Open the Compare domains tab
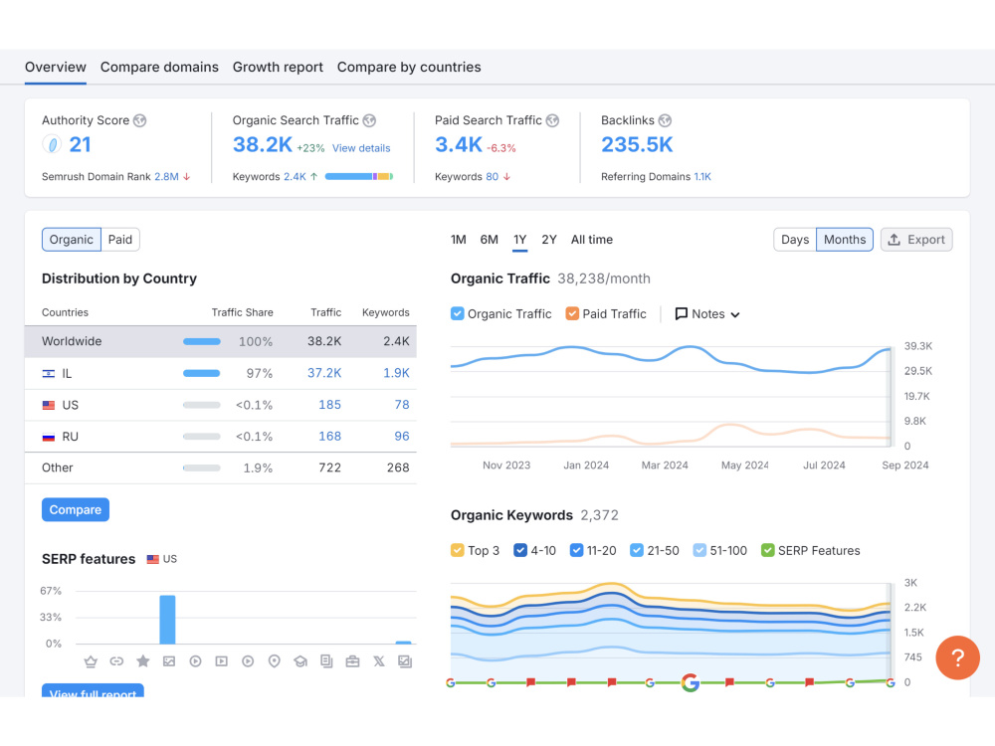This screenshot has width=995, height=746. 159,68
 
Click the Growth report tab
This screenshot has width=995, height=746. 278,68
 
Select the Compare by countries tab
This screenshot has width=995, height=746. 409,68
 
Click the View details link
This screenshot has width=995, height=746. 361,148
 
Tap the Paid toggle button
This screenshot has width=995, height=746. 120,240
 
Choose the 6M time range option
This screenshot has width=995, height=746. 489,240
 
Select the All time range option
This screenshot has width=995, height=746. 591,240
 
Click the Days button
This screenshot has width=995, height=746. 794,240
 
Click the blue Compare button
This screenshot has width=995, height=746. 76,510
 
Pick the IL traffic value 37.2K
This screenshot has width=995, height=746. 324,373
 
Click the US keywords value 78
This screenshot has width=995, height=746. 402,405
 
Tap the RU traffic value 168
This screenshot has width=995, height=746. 330,437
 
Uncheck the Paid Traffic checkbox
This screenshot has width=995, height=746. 572,314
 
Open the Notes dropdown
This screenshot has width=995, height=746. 707,314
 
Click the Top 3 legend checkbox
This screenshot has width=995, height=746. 457,551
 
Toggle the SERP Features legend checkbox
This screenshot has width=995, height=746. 768,551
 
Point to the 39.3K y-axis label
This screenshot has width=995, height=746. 918,346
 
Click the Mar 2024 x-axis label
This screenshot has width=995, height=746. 665,466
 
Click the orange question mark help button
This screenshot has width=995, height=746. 957,657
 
